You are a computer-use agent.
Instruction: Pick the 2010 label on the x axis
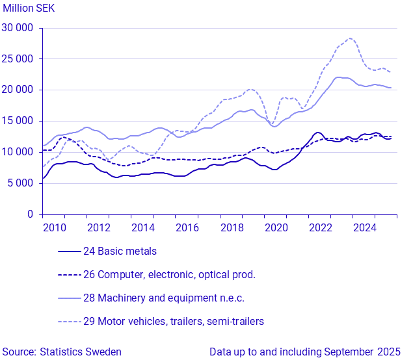pyautogui.click(x=54, y=228)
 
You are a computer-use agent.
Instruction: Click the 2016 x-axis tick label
pyautogui.click(x=187, y=228)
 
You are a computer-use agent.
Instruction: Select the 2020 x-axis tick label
pyautogui.click(x=276, y=228)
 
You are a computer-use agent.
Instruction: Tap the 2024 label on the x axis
pyautogui.click(x=365, y=228)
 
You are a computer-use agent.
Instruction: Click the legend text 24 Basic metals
pyautogui.click(x=120, y=251)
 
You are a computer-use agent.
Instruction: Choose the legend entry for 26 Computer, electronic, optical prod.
pyautogui.click(x=169, y=275)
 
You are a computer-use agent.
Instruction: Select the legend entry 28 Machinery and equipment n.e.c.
pyautogui.click(x=163, y=298)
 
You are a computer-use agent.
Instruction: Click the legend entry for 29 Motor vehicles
pyautogui.click(x=173, y=322)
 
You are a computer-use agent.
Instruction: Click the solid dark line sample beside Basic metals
pyautogui.click(x=69, y=251)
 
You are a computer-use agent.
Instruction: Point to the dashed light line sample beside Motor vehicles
pyautogui.click(x=69, y=322)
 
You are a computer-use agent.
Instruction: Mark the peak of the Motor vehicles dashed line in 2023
pyautogui.click(x=351, y=38)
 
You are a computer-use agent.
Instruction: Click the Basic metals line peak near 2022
pyautogui.click(x=317, y=133)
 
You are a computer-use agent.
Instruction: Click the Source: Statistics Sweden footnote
pyautogui.click(x=61, y=352)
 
